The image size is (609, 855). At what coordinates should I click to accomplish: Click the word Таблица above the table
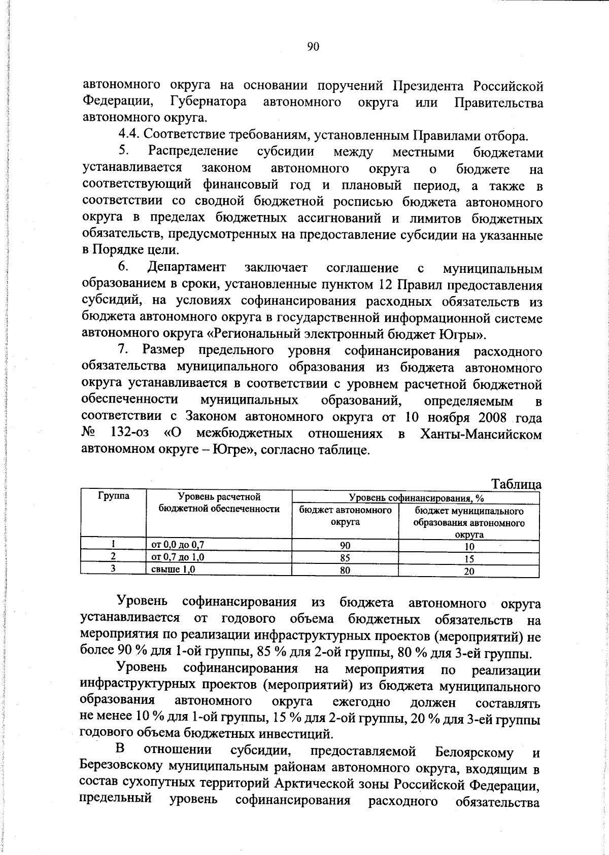point(516,484)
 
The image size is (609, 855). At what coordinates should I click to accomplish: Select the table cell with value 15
point(469,559)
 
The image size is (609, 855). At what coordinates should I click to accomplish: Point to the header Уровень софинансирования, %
point(416,498)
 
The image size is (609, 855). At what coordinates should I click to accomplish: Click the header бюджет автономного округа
point(345,516)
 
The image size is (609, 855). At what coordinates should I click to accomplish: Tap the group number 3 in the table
point(113,569)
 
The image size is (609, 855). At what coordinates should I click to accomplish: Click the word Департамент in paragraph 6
point(187,267)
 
